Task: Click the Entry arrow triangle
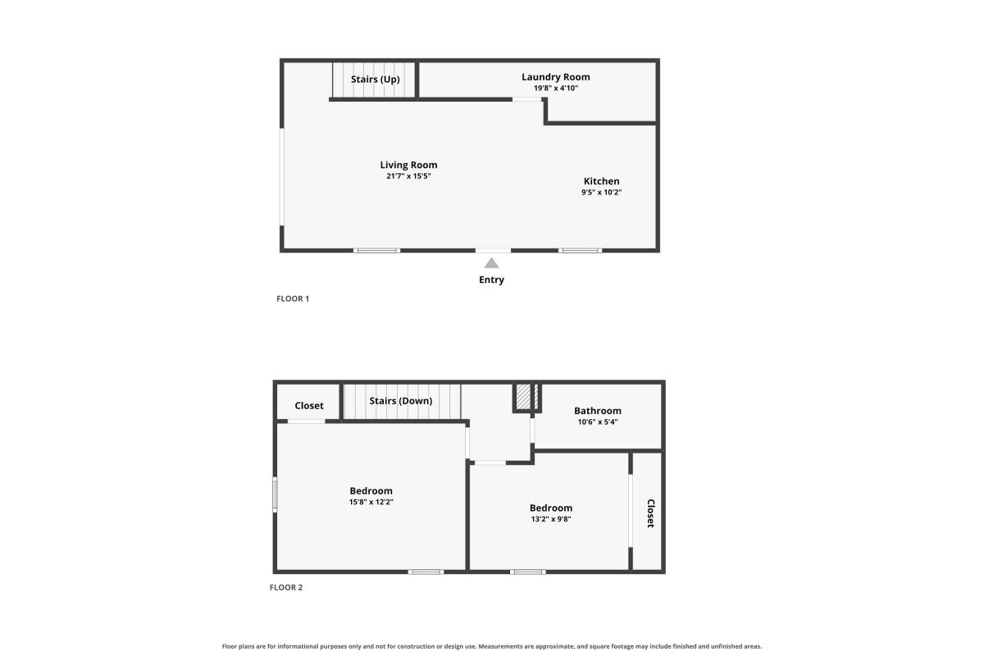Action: tap(491, 263)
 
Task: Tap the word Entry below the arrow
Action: tap(491, 280)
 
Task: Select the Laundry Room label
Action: tap(556, 77)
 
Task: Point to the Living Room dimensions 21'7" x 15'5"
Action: tap(408, 176)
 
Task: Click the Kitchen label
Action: tap(601, 181)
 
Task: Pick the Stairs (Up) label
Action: tap(376, 79)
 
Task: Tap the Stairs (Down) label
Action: tap(401, 401)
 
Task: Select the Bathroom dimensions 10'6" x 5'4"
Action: tap(598, 422)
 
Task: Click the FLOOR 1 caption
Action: tap(293, 298)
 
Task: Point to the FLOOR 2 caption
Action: tap(286, 587)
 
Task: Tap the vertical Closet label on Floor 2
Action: tap(650, 513)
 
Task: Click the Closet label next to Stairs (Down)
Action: tap(309, 406)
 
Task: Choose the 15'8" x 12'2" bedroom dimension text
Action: tap(371, 502)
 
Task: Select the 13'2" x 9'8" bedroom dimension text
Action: tap(551, 519)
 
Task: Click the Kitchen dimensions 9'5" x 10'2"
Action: tap(601, 193)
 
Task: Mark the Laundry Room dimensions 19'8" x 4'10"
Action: tap(556, 89)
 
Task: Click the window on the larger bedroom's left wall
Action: tap(275, 494)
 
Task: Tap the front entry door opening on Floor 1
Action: tap(493, 250)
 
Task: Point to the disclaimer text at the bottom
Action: tap(491, 646)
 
